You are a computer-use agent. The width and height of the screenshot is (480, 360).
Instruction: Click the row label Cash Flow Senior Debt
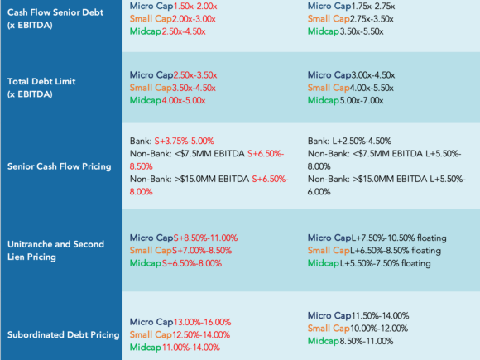[x=55, y=19]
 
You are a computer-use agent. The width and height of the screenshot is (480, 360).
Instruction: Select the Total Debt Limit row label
[x=41, y=88]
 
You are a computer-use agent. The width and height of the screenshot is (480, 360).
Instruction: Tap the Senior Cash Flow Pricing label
[x=59, y=166]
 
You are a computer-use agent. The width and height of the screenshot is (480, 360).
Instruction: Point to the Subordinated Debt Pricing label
[x=63, y=334]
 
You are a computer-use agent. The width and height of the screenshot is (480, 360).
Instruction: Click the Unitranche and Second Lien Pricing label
[x=55, y=251]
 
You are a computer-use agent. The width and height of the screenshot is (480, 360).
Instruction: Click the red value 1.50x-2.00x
[x=195, y=6]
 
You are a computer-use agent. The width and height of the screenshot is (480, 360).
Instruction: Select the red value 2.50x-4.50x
[x=184, y=31]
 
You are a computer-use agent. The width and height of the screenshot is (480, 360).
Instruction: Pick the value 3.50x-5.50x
[x=361, y=31]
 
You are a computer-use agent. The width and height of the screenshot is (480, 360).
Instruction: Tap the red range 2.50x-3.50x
[x=195, y=75]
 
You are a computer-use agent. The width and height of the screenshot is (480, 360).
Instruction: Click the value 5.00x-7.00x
[x=361, y=100]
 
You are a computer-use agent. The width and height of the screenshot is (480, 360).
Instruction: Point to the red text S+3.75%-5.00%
[x=184, y=142]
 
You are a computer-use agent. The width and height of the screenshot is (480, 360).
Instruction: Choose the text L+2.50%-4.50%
[x=362, y=142]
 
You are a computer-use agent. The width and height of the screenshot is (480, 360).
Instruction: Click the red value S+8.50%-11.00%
[x=205, y=238]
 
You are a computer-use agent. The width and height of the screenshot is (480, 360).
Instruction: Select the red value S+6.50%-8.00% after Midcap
[x=192, y=263]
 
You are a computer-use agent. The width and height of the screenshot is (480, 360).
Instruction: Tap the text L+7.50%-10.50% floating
[x=399, y=238]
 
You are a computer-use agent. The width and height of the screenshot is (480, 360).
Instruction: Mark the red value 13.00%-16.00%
[x=203, y=322]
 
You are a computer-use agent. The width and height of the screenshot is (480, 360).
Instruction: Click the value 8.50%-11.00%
[x=367, y=341]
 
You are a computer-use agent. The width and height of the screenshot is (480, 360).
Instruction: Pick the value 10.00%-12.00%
[x=379, y=329]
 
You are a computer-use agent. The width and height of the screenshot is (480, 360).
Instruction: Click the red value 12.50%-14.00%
[x=201, y=334]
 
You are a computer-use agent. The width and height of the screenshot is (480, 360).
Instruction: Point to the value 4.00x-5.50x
[x=372, y=88]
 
